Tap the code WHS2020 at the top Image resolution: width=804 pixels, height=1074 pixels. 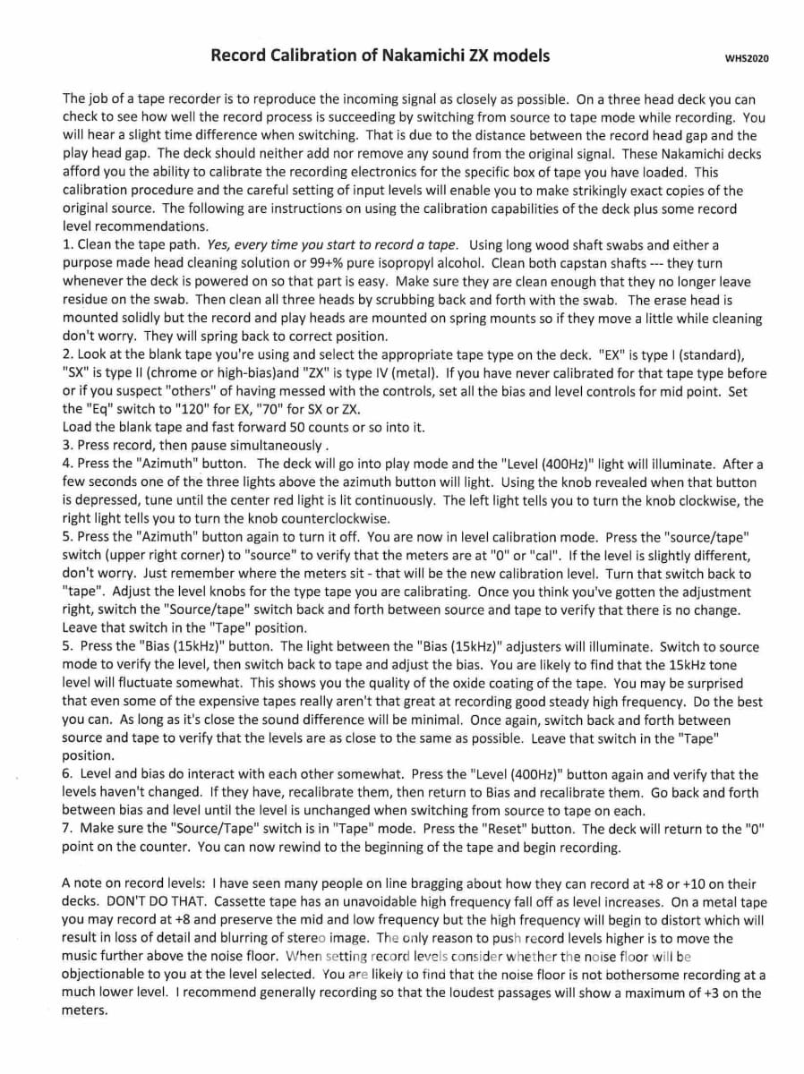click(747, 58)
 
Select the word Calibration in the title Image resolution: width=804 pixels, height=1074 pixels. click(312, 55)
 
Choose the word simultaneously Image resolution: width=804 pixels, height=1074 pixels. click(273, 446)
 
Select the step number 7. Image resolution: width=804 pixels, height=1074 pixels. click(66, 829)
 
